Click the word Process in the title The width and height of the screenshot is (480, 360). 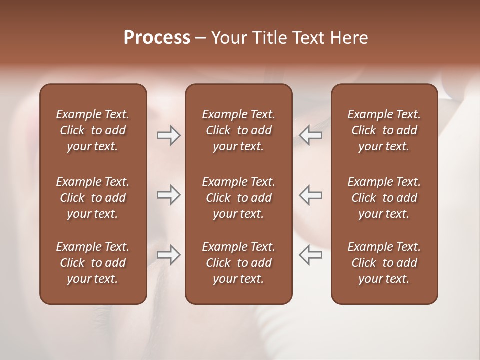pyautogui.click(x=157, y=38)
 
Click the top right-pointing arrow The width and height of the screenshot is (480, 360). pyautogui.click(x=168, y=135)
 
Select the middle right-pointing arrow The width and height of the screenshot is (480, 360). pyautogui.click(x=168, y=195)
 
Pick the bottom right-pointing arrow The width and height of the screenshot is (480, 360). pyautogui.click(x=168, y=255)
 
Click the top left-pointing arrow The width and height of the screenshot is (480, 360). pyautogui.click(x=310, y=135)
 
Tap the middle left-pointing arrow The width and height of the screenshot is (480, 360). pyautogui.click(x=310, y=195)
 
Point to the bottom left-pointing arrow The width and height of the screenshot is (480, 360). pyautogui.click(x=310, y=255)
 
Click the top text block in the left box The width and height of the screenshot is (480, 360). pyautogui.click(x=93, y=130)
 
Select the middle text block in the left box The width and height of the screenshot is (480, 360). pyautogui.click(x=93, y=198)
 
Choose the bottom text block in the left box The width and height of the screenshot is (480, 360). pyautogui.click(x=93, y=263)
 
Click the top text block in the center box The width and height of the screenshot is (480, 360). pyautogui.click(x=238, y=130)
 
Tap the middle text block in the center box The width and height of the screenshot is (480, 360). pyautogui.click(x=238, y=198)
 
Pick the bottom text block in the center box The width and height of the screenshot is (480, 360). pyautogui.click(x=238, y=263)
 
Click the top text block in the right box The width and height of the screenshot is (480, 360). pyautogui.click(x=384, y=130)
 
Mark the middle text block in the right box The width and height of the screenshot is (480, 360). pyautogui.click(x=384, y=198)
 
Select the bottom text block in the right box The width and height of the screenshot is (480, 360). pyautogui.click(x=384, y=263)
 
